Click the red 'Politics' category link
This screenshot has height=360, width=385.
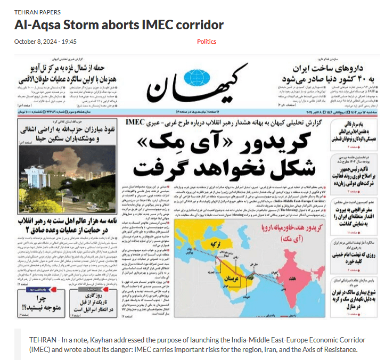[207, 41]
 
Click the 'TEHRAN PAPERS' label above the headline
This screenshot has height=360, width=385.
[37, 12]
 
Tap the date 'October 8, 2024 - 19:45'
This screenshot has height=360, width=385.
[45, 41]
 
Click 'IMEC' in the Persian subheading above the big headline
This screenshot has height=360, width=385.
[138, 122]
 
